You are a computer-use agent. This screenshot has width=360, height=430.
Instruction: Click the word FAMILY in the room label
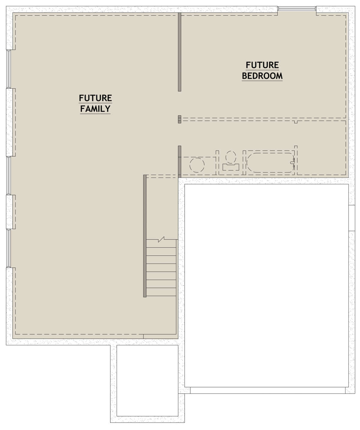[x=95, y=109]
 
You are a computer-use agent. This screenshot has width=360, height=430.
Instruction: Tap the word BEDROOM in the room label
[x=262, y=76]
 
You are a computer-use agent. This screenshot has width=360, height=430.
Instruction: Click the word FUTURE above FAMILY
[x=95, y=98]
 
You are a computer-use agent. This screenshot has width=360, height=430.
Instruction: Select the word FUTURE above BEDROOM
[x=262, y=65]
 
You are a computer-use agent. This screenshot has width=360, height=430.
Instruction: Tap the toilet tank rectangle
[x=231, y=167]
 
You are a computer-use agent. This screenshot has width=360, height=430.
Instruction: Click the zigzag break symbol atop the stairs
[x=161, y=239]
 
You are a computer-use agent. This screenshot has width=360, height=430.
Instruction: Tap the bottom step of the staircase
[x=161, y=292]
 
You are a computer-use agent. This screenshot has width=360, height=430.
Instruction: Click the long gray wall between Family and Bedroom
[x=179, y=52]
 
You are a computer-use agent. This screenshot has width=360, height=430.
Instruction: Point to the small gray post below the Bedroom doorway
[x=179, y=119]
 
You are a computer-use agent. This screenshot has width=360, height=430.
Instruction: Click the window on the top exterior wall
[x=297, y=8]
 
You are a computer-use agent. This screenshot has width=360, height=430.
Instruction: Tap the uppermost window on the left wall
[x=9, y=69]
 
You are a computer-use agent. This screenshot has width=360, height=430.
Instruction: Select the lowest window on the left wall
[x=9, y=248]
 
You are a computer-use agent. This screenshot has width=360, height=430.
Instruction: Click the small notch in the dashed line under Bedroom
[x=296, y=122]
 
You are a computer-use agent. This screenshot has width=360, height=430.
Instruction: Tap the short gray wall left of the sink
[x=179, y=162]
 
